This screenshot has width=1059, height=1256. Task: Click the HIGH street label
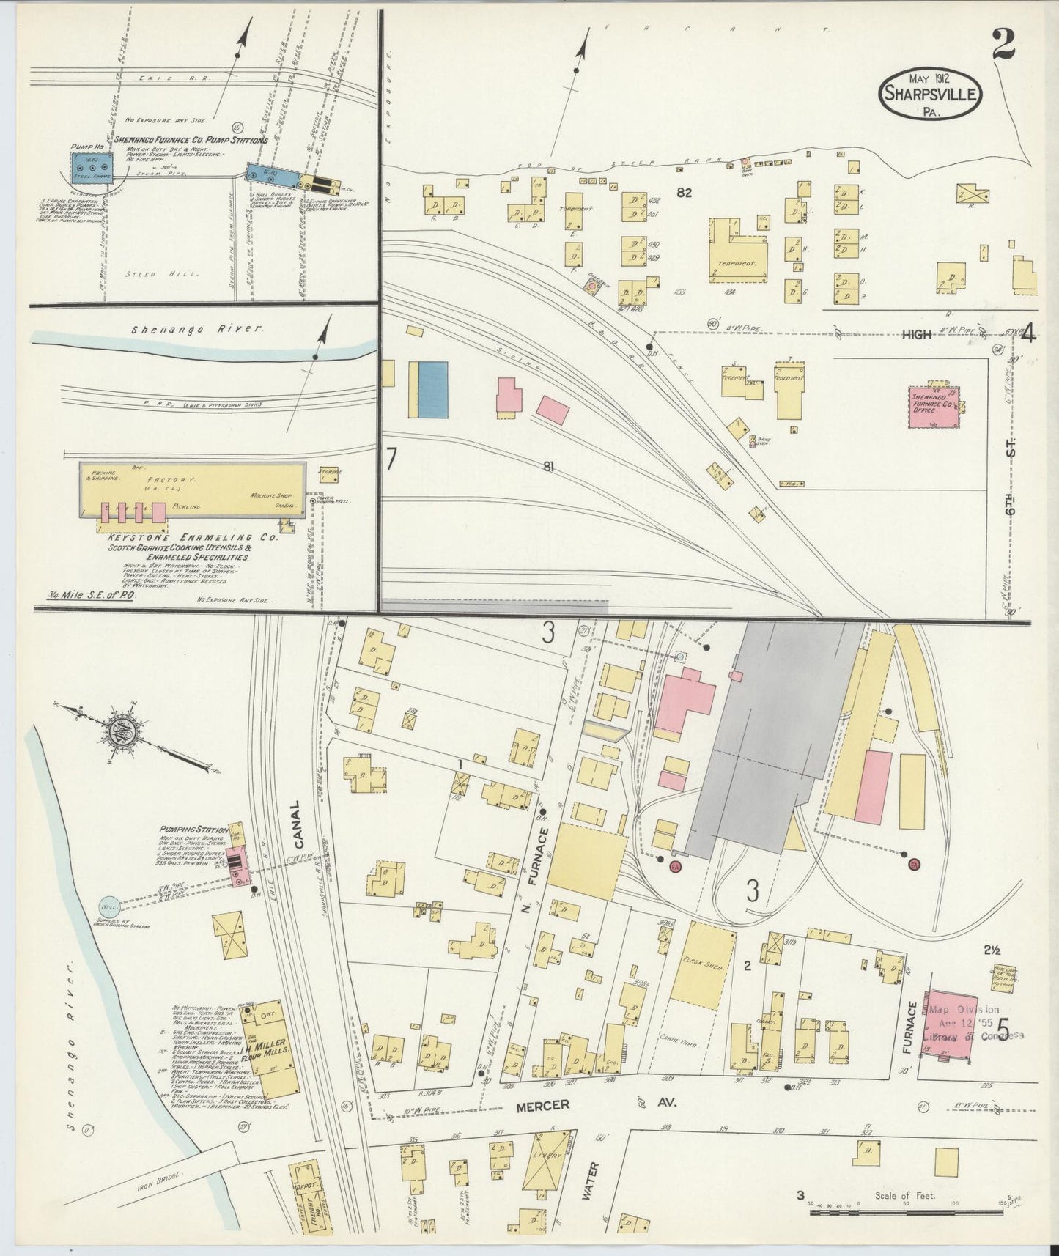pyautogui.click(x=916, y=334)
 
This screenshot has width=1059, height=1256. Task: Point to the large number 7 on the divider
pyautogui.click(x=391, y=459)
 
